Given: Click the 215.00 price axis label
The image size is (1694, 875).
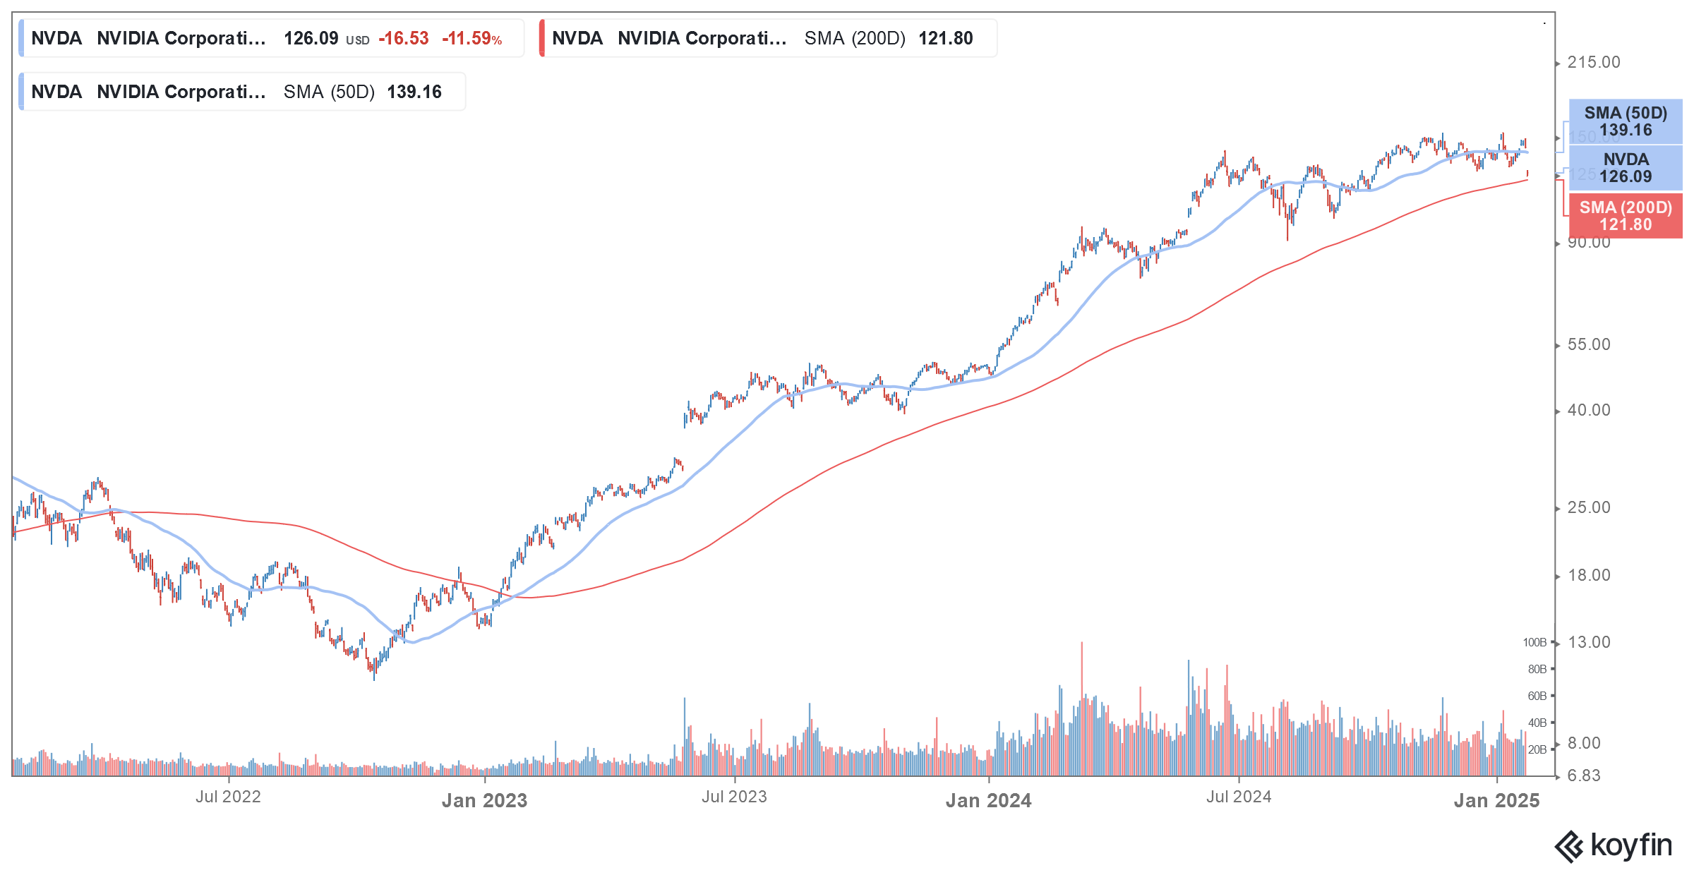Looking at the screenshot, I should (x=1593, y=62).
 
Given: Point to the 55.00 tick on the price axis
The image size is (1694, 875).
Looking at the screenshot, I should (x=1588, y=344).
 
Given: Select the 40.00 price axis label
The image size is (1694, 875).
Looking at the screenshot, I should (x=1588, y=410).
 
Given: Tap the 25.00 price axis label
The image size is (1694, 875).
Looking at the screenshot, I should (x=1588, y=507).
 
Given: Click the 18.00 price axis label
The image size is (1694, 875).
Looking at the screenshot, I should (x=1588, y=575).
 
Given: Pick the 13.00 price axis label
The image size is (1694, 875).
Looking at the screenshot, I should (x=1588, y=642).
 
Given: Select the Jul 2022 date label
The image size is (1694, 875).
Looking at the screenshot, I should (x=228, y=797).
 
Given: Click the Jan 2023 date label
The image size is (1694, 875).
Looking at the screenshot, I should (x=484, y=800).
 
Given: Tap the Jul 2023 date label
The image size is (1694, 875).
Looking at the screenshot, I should (x=734, y=797).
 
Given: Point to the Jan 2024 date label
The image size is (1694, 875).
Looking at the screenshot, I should (x=988, y=800).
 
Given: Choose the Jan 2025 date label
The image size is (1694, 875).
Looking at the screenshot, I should (x=1496, y=800).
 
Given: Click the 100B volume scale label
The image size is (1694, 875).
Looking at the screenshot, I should (x=1534, y=642).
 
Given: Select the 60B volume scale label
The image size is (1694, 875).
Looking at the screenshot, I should (x=1537, y=696).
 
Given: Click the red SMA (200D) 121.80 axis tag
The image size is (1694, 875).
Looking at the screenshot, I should (x=1626, y=216).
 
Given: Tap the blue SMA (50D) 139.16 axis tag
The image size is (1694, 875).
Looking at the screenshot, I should (x=1626, y=121).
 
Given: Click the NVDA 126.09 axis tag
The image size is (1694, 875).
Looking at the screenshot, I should (x=1626, y=168).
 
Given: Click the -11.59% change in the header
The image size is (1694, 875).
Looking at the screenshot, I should (x=471, y=38).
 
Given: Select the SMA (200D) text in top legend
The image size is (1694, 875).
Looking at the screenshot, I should (x=854, y=38).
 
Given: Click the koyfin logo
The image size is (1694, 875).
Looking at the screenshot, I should (x=1614, y=845).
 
